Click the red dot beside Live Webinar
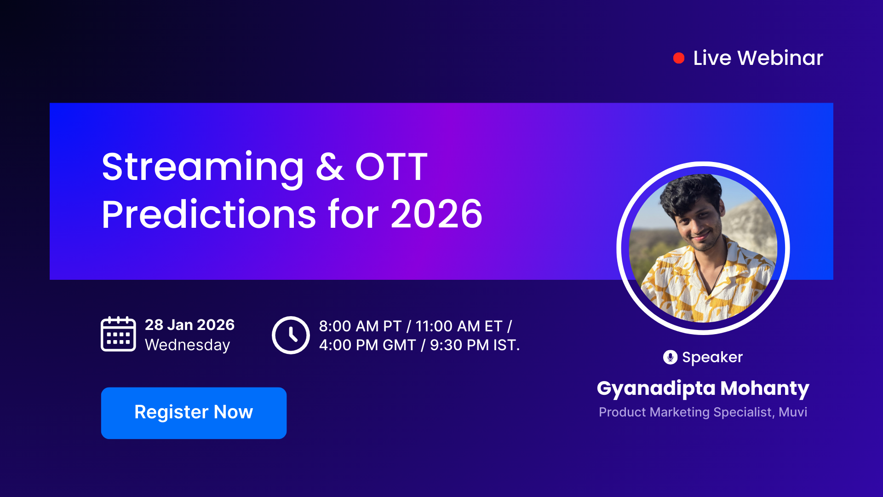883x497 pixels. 678,58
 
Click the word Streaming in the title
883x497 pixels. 202,167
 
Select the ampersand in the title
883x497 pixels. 329,167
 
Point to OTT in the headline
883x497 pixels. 391,167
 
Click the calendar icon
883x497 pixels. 118,334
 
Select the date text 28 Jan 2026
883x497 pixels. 189,325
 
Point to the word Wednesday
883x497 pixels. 187,345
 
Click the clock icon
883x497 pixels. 291,335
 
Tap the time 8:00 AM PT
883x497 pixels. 360,326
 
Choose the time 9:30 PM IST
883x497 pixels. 474,345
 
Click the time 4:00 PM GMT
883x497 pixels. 367,345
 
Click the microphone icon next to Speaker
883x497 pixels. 670,357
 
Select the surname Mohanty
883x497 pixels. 764,388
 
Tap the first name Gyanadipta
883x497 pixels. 656,388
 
